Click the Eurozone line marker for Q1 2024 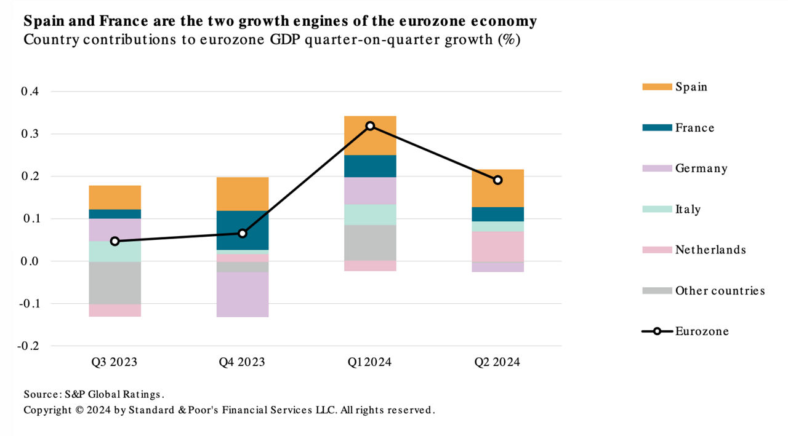click(370, 126)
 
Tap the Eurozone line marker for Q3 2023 click(115, 241)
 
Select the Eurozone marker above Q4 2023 click(243, 234)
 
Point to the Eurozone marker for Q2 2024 click(497, 180)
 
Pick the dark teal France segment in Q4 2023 click(243, 230)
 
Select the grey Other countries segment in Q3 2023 click(115, 283)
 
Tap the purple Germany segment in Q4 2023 click(243, 294)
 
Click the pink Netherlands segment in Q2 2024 click(497, 246)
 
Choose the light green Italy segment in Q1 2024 click(370, 215)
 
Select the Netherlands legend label click(710, 250)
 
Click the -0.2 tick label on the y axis click(28, 346)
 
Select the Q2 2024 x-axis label click(497, 362)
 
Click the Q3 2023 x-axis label click(115, 362)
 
